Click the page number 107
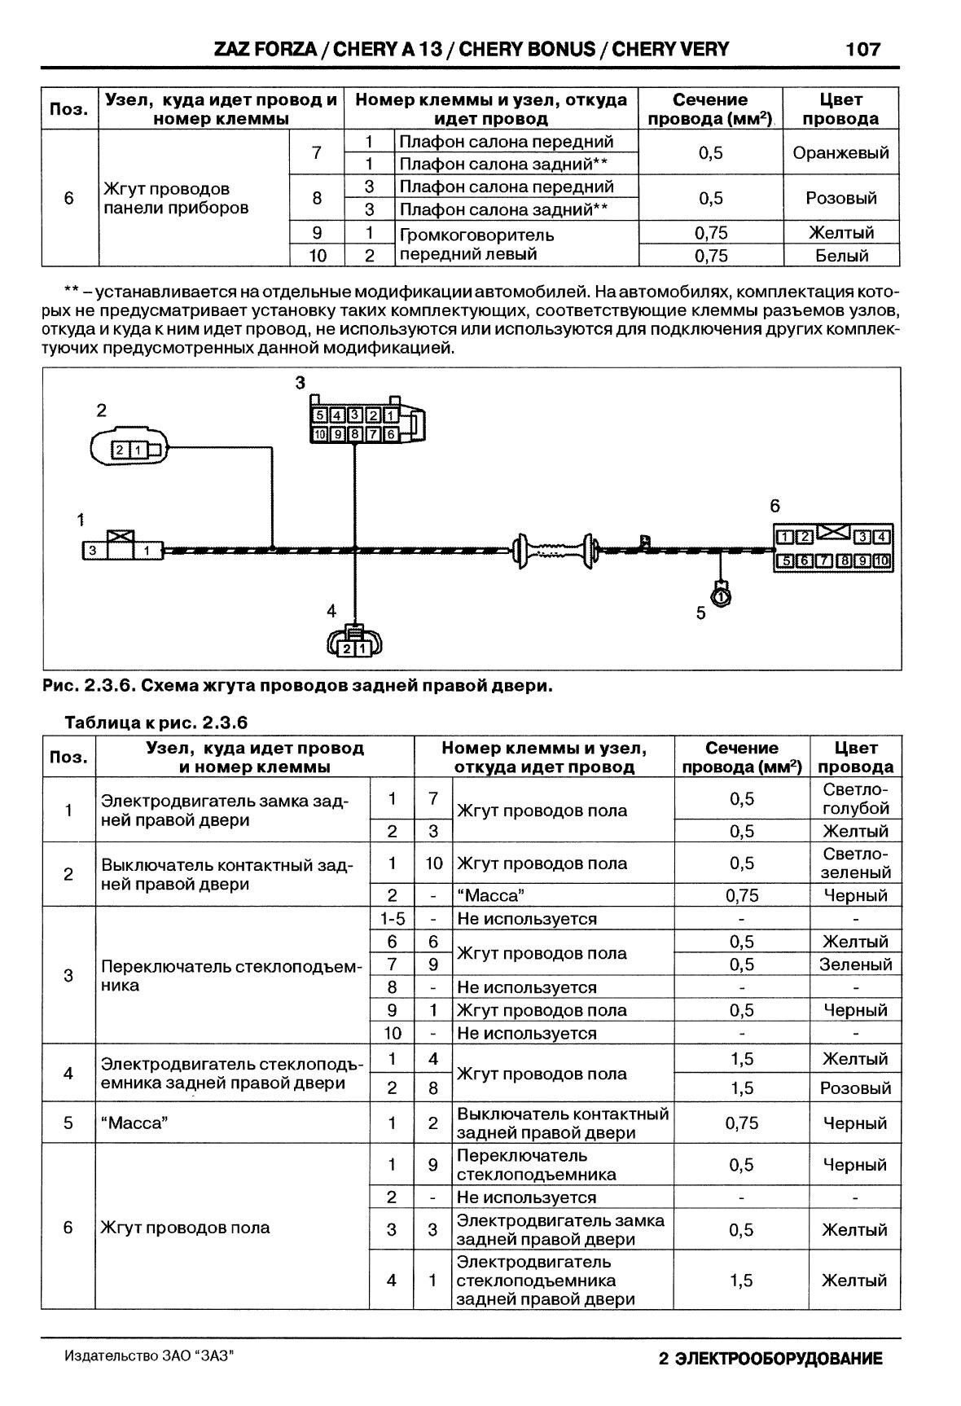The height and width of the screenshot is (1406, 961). [x=862, y=49]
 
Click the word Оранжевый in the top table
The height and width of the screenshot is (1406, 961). [x=840, y=152]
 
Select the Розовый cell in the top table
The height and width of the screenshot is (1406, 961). [x=840, y=198]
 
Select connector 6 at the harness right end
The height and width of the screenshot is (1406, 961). [x=832, y=547]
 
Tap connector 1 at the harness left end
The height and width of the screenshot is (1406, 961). [x=121, y=549]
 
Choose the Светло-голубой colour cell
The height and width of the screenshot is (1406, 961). [x=855, y=799]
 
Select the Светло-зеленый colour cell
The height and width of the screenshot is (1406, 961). [x=855, y=863]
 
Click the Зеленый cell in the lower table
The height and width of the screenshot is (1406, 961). [x=855, y=964]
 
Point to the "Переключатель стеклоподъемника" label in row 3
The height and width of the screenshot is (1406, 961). [x=230, y=976]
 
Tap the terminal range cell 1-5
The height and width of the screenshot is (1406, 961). [x=392, y=919]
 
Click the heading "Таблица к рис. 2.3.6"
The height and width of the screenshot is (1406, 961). [x=156, y=723]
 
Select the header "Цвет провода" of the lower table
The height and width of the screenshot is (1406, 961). [x=855, y=757]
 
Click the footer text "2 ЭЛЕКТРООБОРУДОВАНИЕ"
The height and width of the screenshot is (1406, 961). [x=770, y=1359]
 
